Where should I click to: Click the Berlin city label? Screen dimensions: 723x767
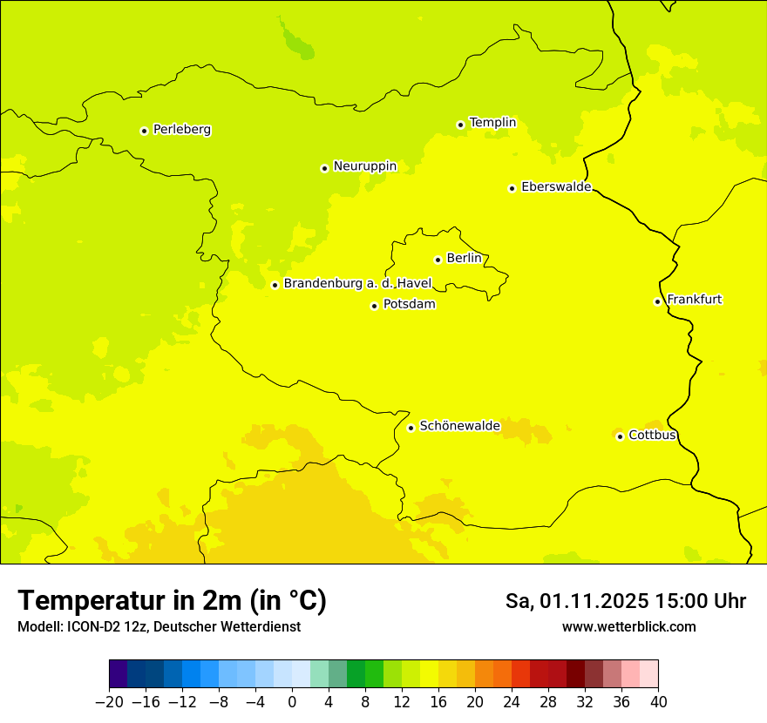click(x=464, y=259)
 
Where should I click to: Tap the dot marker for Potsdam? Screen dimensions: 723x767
click(x=374, y=306)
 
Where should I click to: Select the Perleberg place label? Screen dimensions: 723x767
click(x=181, y=130)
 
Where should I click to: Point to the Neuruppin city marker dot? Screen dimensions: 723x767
click(x=324, y=168)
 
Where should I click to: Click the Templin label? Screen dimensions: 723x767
click(x=492, y=123)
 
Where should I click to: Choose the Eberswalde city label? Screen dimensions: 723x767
click(x=556, y=187)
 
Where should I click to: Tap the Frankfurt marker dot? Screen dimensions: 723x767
click(x=657, y=301)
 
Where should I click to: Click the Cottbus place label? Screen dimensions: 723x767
click(x=652, y=436)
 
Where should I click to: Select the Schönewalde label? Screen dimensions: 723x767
click(x=459, y=426)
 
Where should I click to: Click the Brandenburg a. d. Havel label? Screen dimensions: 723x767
click(x=357, y=284)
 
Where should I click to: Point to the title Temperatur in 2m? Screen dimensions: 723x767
click(x=172, y=601)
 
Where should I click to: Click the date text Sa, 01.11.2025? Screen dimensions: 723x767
click(x=576, y=602)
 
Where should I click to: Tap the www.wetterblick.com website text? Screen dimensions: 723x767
click(x=628, y=627)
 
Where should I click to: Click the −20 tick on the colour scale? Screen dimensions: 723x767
click(x=109, y=702)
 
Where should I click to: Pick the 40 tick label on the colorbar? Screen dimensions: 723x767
click(x=658, y=702)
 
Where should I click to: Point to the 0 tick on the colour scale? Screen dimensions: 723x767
click(x=292, y=702)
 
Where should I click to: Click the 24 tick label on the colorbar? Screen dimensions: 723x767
click(x=512, y=702)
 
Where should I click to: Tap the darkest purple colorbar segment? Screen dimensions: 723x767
click(x=118, y=674)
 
